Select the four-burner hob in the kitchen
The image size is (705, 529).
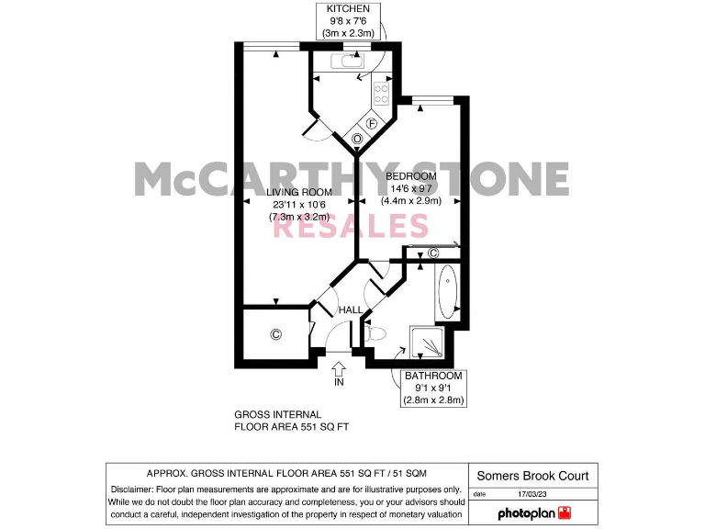click(382, 93)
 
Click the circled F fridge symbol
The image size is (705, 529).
click(373, 123)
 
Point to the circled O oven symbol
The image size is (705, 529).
click(357, 139)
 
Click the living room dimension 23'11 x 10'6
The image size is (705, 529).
click(298, 205)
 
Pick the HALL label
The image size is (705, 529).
click(350, 310)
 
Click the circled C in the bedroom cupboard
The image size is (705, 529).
click(433, 253)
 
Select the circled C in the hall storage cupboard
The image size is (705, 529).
click(275, 335)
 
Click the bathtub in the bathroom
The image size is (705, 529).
click(446, 293)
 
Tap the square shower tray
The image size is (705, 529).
click(430, 343)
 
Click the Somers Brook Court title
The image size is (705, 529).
click(532, 476)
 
